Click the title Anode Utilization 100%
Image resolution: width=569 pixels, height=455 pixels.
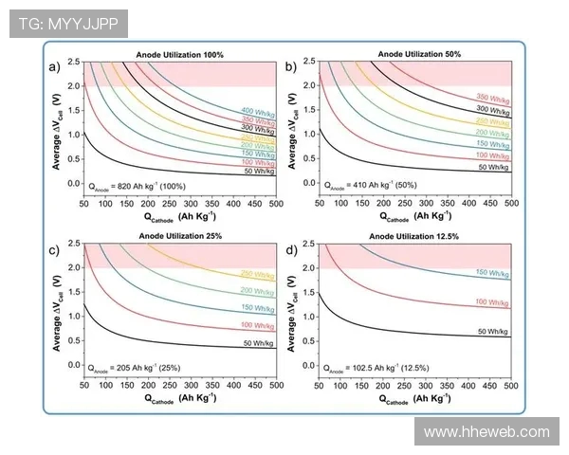click(180, 55)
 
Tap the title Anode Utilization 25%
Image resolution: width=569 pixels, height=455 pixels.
click(180, 235)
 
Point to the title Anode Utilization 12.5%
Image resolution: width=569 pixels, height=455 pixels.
click(417, 235)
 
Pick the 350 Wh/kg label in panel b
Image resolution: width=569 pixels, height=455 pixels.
click(494, 99)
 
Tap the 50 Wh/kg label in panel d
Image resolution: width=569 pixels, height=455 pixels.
click(494, 331)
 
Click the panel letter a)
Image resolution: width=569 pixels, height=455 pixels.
click(55, 66)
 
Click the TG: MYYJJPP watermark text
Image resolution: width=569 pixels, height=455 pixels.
click(68, 24)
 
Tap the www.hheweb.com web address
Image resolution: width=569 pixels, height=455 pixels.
click(486, 432)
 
